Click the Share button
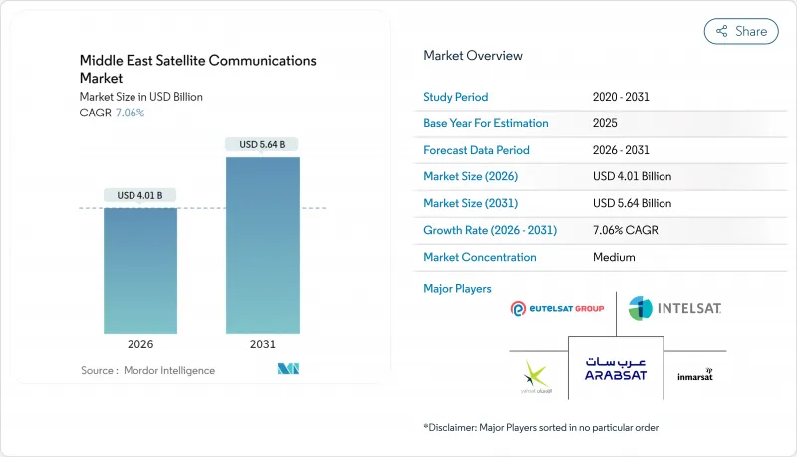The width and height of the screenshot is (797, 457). (741, 31)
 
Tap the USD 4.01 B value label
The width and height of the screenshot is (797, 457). (141, 194)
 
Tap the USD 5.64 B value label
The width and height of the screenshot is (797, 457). (262, 144)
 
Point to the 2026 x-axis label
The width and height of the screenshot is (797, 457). (141, 344)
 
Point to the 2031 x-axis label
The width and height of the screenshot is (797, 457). (262, 344)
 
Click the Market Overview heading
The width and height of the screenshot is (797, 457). (473, 56)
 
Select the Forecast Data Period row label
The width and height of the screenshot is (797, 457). (476, 150)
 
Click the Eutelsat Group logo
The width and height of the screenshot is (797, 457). (557, 309)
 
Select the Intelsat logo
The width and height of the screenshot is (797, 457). (674, 309)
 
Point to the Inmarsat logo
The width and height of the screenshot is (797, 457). (694, 375)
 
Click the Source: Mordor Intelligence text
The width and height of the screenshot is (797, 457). (147, 370)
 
